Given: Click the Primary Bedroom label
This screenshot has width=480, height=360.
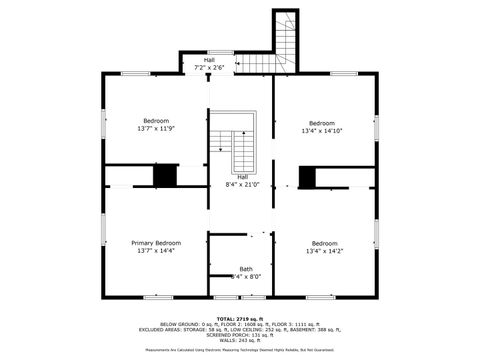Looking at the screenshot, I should click(x=156, y=243).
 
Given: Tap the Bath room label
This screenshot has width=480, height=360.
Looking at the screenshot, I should click(x=245, y=269).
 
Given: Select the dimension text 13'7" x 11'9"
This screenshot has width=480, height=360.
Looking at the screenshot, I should click(x=156, y=128).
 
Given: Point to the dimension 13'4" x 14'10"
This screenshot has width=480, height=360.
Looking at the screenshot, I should click(x=322, y=130).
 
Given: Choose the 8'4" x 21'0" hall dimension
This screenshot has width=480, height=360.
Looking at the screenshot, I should click(x=242, y=184).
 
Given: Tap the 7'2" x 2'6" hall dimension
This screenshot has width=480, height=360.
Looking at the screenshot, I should click(x=209, y=67).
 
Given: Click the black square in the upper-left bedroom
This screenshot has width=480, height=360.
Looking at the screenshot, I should click(x=165, y=175).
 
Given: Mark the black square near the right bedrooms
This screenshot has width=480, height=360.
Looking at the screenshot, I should click(x=307, y=178).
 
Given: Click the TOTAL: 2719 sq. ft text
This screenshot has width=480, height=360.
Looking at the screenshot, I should click(x=239, y=318).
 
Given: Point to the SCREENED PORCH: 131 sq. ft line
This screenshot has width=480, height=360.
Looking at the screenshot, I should click(x=239, y=335).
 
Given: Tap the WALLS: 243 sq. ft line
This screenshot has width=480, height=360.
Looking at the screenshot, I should click(x=239, y=341).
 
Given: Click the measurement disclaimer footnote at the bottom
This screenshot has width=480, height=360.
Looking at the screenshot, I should click(x=239, y=351).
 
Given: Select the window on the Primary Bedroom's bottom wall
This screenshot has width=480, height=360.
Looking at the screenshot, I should click(x=157, y=296).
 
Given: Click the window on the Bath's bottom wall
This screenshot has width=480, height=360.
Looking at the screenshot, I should click(x=240, y=296).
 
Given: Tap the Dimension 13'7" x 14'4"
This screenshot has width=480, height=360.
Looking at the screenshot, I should click(x=156, y=251).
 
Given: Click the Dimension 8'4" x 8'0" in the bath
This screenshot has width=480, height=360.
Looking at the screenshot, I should click(x=245, y=276).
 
